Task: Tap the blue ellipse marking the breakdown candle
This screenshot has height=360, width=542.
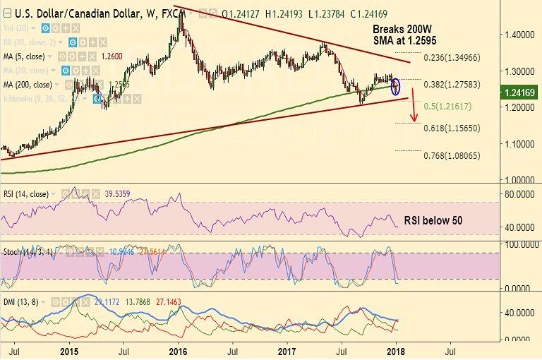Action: pyautogui.click(x=396, y=86)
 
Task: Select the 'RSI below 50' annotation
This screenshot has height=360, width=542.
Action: pyautogui.click(x=433, y=220)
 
